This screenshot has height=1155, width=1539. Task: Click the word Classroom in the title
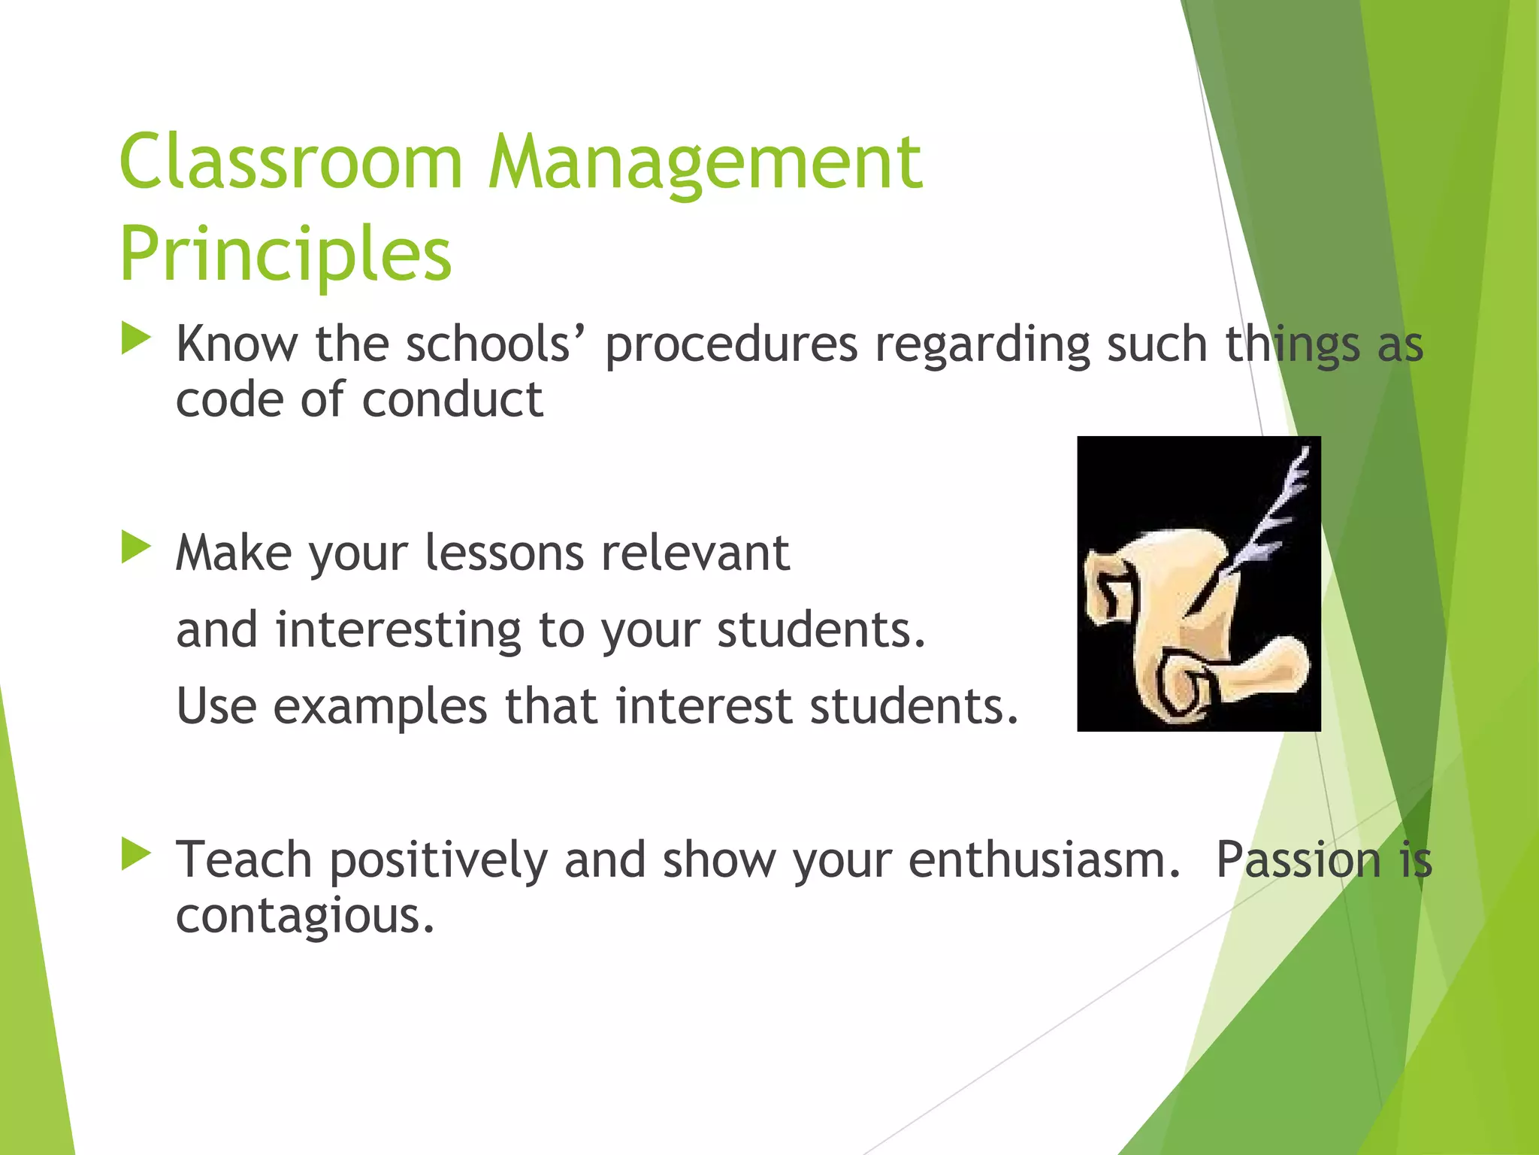pos(291,162)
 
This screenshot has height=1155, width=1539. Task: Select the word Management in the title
pos(705,162)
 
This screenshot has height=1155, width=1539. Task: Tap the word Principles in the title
pos(286,254)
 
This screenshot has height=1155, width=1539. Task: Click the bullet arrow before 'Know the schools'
pos(136,339)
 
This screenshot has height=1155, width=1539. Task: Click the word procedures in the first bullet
pos(730,345)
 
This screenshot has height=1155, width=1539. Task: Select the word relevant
pos(695,553)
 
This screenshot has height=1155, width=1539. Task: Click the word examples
pos(379,707)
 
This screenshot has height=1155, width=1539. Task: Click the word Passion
pos(1299,860)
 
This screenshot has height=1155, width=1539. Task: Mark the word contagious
pos(304,916)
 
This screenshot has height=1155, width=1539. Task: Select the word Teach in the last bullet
pos(243,860)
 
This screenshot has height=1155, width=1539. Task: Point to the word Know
pos(237,345)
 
